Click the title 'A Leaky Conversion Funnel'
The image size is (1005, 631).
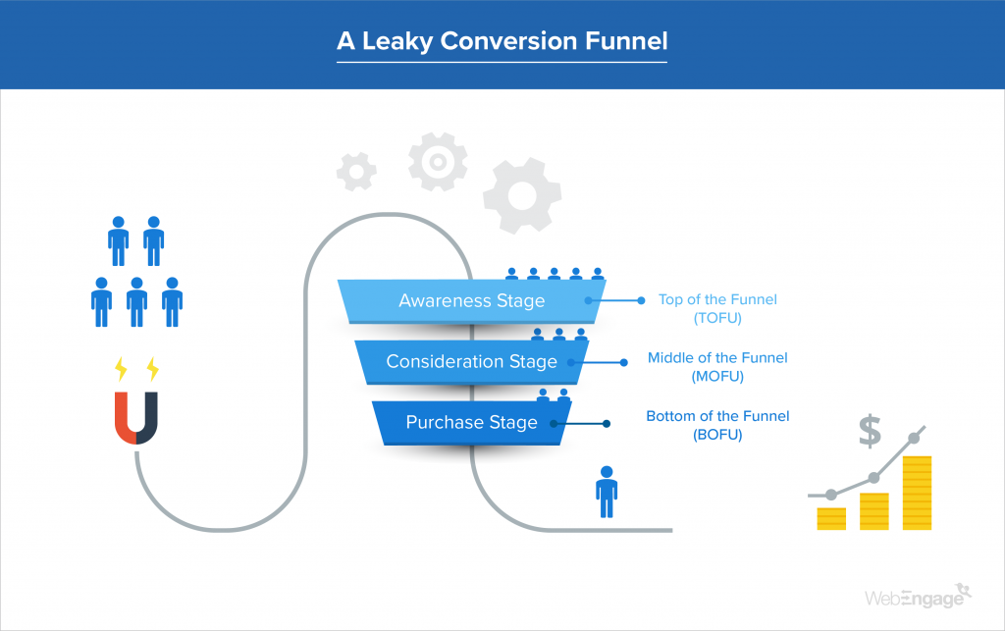[x=502, y=42]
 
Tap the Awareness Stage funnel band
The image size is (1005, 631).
[x=471, y=300]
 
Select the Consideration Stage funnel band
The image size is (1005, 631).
[x=471, y=361]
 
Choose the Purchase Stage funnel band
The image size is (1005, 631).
[x=471, y=423]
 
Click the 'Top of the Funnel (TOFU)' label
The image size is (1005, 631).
[x=717, y=308]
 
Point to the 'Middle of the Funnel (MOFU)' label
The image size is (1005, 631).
[x=717, y=367]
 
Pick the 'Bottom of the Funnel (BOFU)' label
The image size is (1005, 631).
[x=717, y=425]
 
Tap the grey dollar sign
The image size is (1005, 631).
[x=869, y=430]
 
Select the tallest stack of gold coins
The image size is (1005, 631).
[x=917, y=493]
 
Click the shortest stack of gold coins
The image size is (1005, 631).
[x=831, y=519]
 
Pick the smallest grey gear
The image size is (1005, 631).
[x=356, y=171]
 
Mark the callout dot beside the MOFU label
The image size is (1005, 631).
[x=624, y=362]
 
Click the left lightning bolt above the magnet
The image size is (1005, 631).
[x=121, y=369]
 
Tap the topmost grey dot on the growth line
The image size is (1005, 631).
[x=917, y=438]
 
